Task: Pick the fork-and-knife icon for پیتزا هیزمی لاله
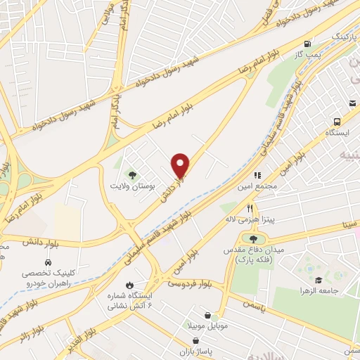coord(249,209)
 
